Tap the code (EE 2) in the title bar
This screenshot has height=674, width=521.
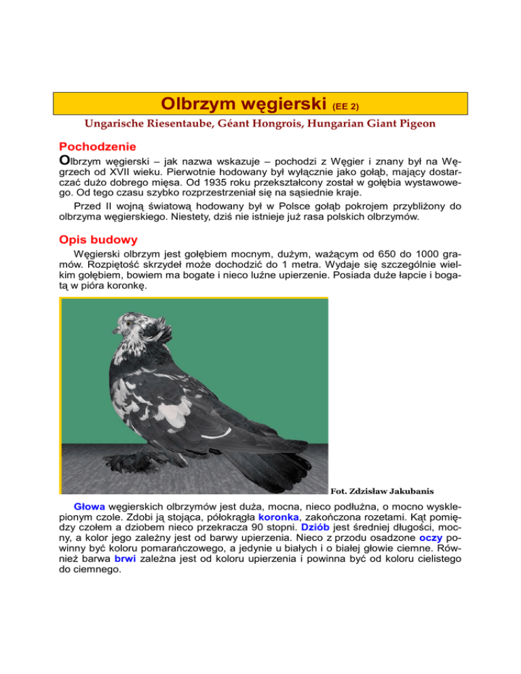click(x=346, y=106)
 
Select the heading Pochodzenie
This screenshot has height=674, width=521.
click(x=98, y=146)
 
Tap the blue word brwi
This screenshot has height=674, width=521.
click(x=127, y=571)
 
